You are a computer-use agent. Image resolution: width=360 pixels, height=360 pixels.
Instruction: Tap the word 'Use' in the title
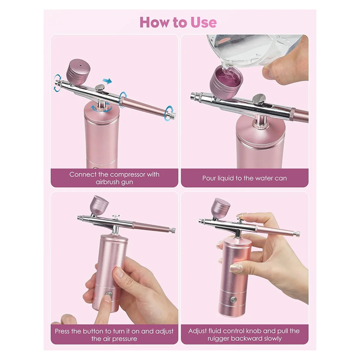coord(203,22)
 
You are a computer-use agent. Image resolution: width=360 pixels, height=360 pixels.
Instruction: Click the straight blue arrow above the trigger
coord(107,80)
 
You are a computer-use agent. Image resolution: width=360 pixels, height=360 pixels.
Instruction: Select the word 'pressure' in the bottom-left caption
coord(122,339)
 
